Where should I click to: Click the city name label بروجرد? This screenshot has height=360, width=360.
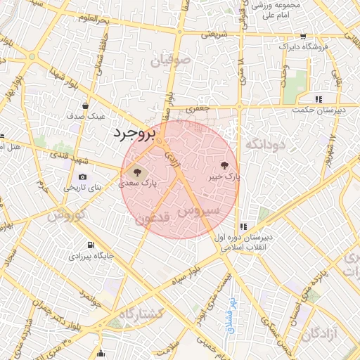pos(133,133)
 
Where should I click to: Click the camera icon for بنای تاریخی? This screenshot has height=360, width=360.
pos(83,176)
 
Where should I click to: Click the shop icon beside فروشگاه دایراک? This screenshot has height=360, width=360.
pos(303,37)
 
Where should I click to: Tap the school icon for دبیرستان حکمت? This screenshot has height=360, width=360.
pos(319,100)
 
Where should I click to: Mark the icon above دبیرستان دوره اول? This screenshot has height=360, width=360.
pos(243,226)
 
